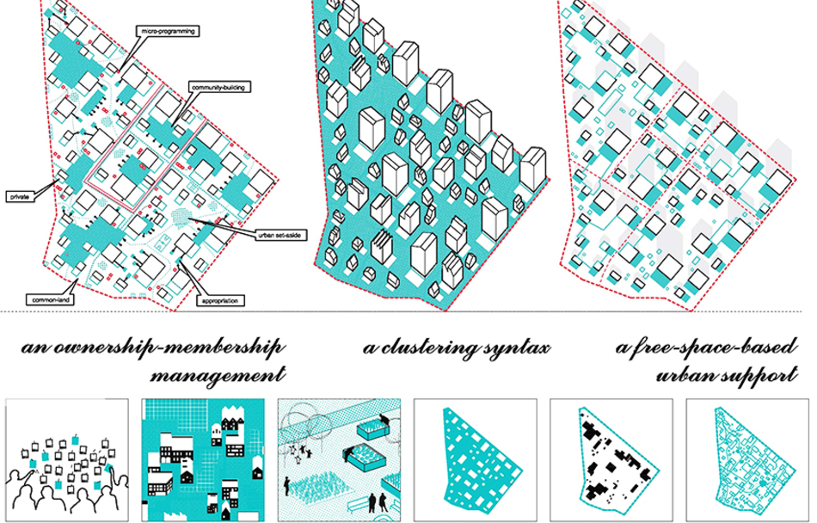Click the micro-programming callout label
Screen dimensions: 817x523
[167, 31]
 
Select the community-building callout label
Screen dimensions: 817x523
[218, 87]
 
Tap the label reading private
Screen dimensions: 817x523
[20, 196]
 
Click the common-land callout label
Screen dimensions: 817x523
[50, 299]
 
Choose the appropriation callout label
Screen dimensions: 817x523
[220, 300]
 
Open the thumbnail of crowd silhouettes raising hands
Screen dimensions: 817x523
[67, 460]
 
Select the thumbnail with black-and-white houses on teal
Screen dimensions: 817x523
[203, 460]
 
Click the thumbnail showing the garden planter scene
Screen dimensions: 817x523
[339, 460]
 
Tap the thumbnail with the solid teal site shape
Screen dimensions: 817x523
[476, 460]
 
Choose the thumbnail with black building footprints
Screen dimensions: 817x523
[611, 460]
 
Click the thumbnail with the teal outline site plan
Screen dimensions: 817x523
[747, 460]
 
